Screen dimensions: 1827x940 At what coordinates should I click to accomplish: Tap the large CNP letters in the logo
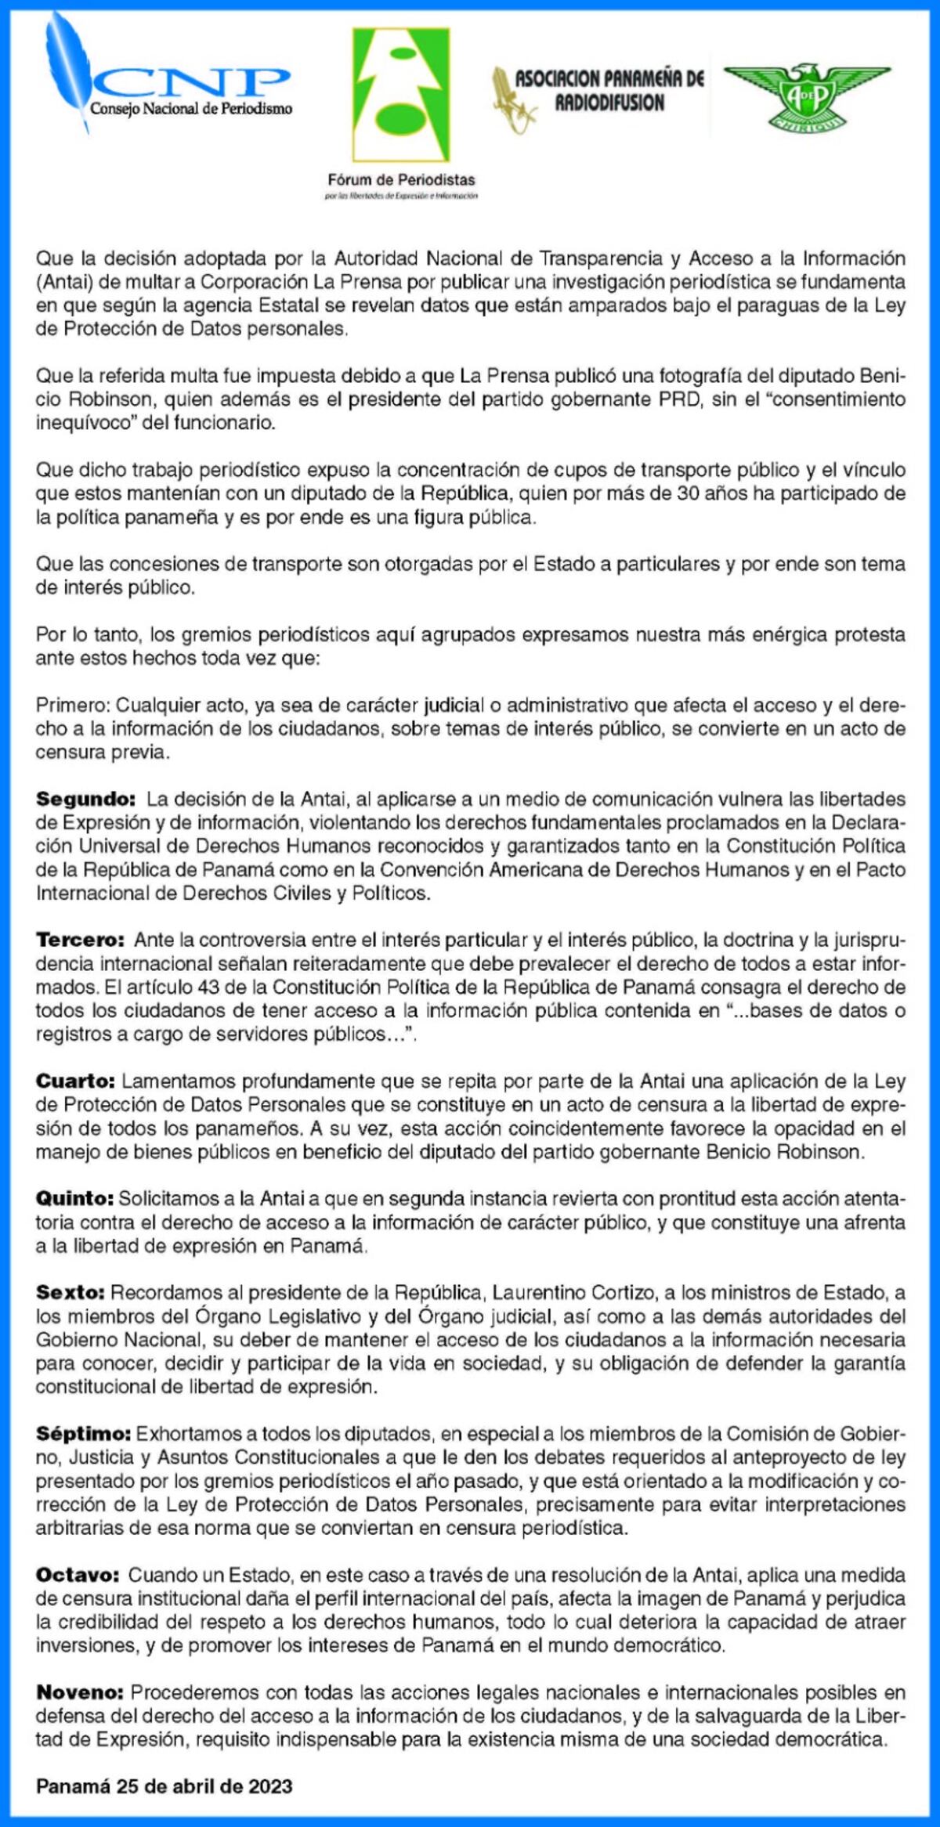[x=192, y=80]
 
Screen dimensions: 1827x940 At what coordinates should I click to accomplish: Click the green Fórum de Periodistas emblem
[x=401, y=94]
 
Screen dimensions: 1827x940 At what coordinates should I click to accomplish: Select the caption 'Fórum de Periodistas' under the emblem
[x=401, y=179]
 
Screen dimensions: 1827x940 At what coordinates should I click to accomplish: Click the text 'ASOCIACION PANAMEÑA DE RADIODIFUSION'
[x=609, y=90]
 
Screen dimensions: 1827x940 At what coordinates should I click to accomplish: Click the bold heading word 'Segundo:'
[x=86, y=800]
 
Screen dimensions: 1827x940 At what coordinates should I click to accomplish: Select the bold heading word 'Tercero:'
[x=80, y=941]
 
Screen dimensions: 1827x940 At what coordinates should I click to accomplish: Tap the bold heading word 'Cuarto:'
[x=75, y=1081]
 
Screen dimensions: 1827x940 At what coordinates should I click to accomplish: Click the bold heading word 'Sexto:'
[x=70, y=1293]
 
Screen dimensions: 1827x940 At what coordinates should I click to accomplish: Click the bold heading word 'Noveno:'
[x=80, y=1692]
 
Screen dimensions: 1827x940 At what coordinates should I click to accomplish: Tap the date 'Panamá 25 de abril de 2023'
[x=164, y=1786]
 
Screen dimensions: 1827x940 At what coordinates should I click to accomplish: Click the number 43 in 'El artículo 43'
[x=208, y=988]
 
